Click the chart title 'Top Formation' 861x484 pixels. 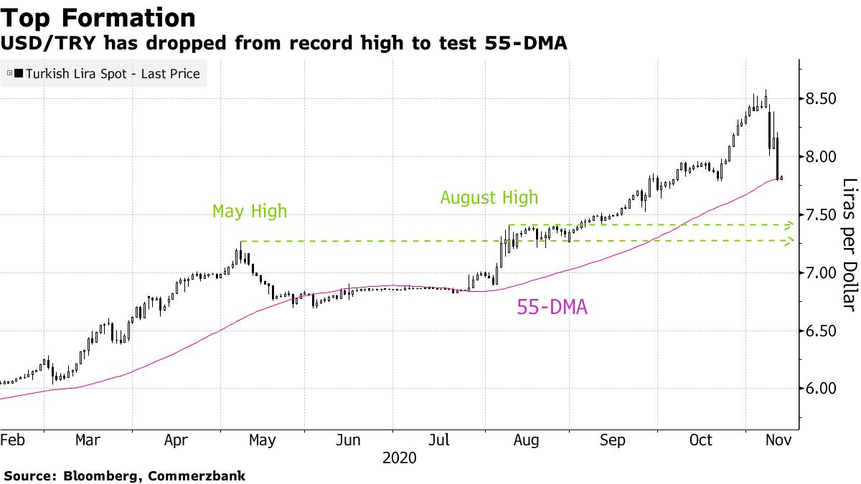click(98, 18)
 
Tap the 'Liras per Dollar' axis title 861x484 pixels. click(849, 244)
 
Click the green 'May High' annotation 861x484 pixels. click(249, 212)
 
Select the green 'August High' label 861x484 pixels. click(489, 197)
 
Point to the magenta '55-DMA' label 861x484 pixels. click(552, 308)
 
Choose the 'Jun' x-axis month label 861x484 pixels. click(349, 440)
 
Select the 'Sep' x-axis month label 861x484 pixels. click(613, 440)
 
